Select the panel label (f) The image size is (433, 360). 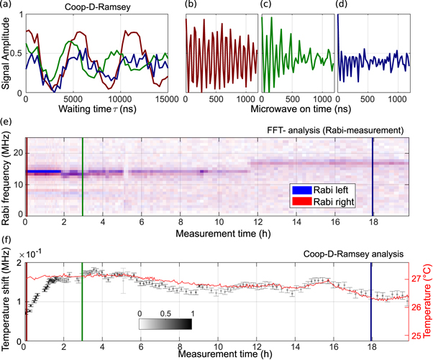point(7,240)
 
